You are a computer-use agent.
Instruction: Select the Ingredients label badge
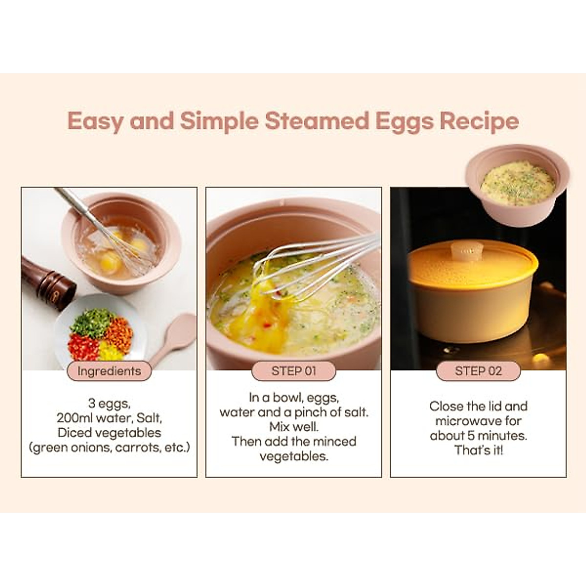click(x=109, y=371)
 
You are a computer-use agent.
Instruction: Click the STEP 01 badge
click(x=293, y=371)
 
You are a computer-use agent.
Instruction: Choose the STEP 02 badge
click(x=478, y=371)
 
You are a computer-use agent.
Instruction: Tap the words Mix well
click(x=293, y=427)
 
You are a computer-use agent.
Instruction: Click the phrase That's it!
click(x=479, y=450)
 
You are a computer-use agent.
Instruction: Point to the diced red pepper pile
click(x=83, y=347)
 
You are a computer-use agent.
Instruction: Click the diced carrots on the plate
click(x=119, y=334)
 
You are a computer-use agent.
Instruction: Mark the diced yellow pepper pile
click(x=110, y=351)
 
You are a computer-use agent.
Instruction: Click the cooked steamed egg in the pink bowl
click(x=517, y=183)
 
